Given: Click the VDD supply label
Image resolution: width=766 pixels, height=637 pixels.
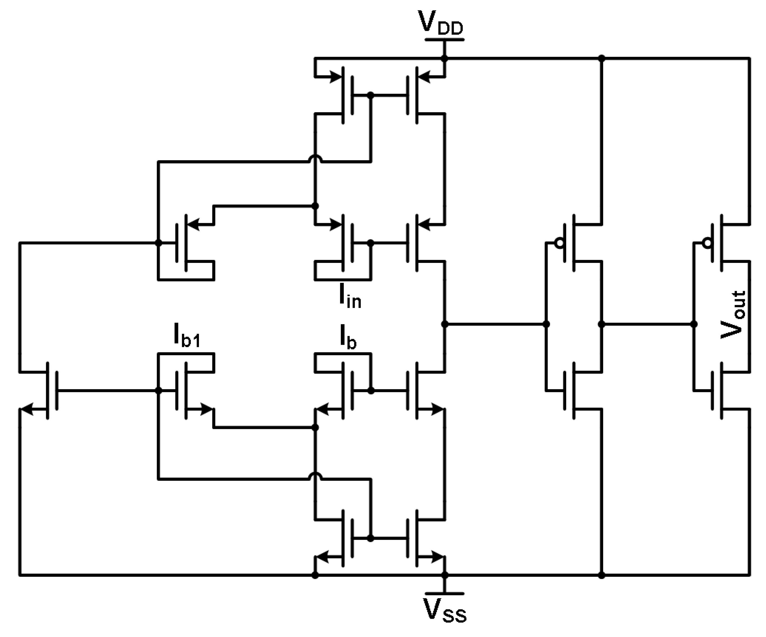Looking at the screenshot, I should click(442, 24).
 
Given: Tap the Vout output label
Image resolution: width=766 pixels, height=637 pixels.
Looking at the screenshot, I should click(732, 315).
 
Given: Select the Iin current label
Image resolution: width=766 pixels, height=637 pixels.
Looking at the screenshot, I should click(349, 300).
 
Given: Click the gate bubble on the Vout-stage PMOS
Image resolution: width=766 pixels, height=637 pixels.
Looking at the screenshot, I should click(707, 243).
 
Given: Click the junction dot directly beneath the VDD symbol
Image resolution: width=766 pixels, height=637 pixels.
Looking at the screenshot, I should click(444, 58).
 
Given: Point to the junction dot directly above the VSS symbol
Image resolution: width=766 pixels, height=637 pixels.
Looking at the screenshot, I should click(444, 575).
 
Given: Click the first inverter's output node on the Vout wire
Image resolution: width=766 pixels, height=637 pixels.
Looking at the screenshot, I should click(601, 324).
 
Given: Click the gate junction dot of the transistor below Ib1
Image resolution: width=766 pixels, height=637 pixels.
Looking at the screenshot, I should click(158, 391).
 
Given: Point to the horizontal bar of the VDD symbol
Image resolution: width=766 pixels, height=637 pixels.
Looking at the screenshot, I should click(444, 39).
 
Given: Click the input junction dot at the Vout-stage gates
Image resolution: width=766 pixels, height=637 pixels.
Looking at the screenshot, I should click(694, 324).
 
